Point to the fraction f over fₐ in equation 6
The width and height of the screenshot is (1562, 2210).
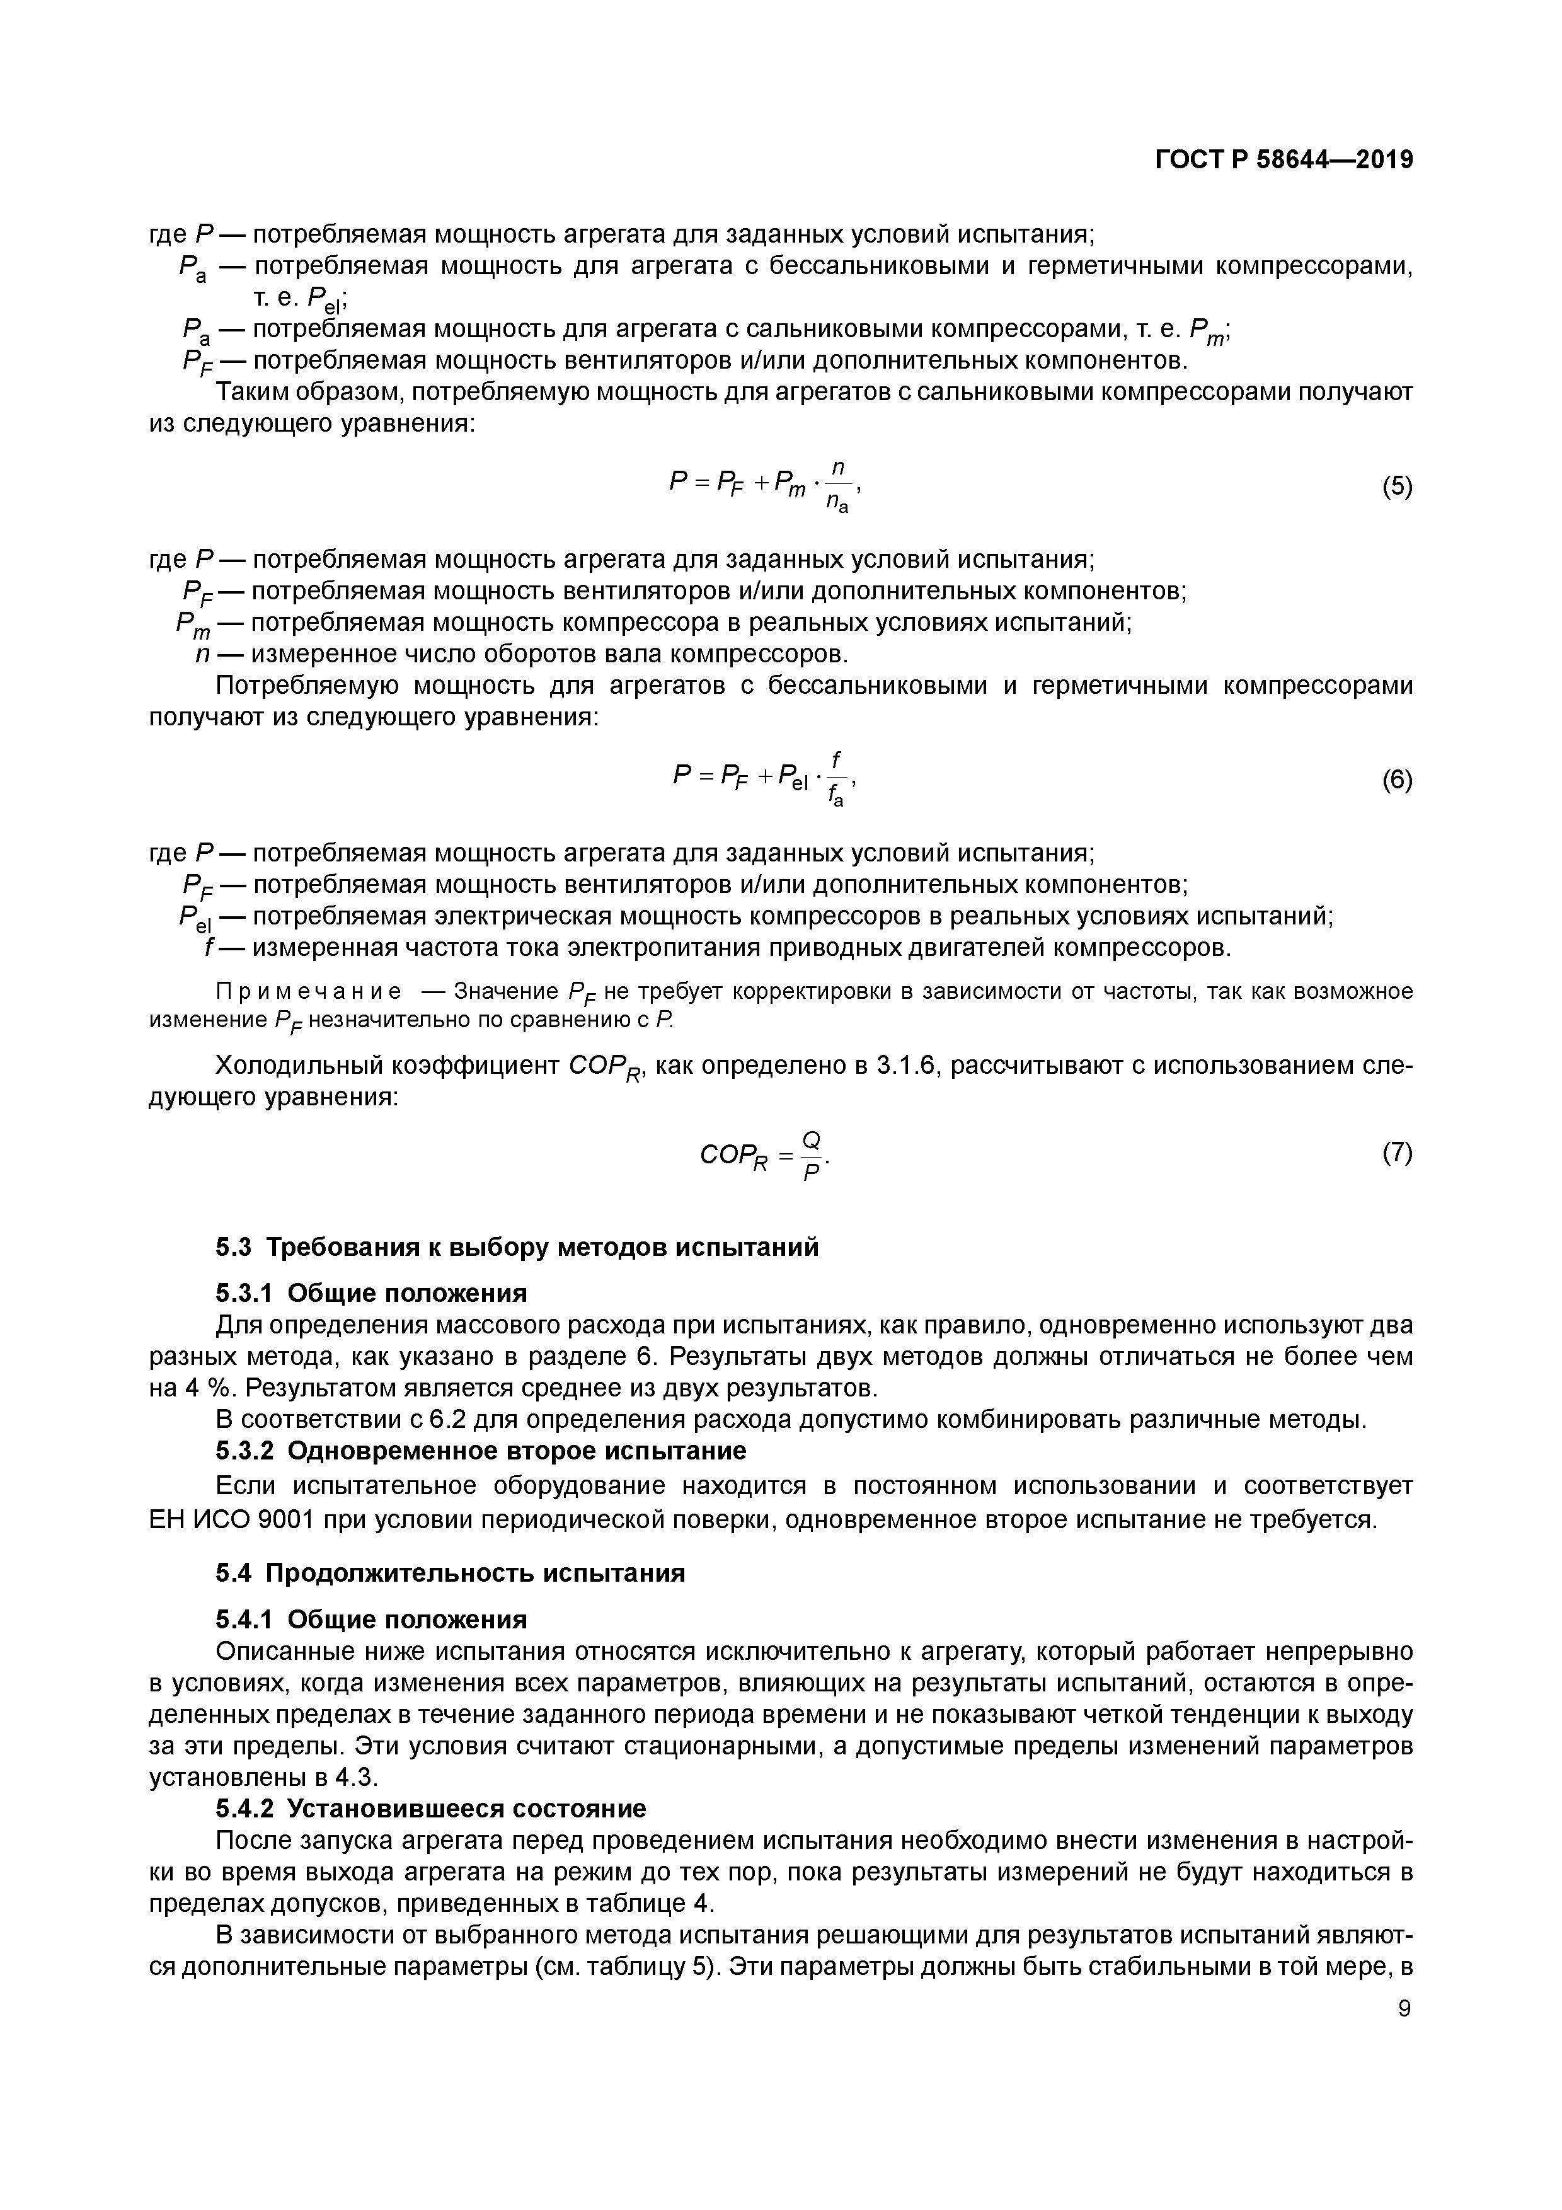[x=836, y=780]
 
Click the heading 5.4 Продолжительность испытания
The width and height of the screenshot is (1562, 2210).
[x=449, y=1574]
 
